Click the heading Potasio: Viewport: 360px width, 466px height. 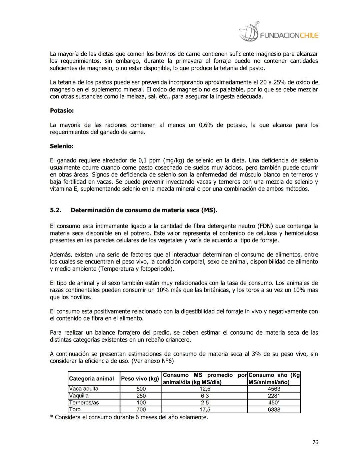[x=62, y=110]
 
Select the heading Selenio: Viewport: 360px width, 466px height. [x=62, y=146]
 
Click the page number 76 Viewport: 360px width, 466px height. [x=315, y=442]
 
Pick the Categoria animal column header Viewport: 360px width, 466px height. [x=91, y=379]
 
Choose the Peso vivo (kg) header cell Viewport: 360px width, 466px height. [x=140, y=379]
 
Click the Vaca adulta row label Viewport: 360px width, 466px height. [x=84, y=389]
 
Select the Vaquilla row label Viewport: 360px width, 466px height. [x=79, y=396]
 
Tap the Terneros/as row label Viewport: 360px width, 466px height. [x=84, y=403]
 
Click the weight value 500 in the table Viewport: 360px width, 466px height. [x=141, y=389]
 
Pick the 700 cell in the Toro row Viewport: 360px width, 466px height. [x=141, y=410]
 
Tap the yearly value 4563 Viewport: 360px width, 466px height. [x=274, y=389]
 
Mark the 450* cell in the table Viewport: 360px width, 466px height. [x=274, y=403]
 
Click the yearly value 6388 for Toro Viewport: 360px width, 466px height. [x=274, y=410]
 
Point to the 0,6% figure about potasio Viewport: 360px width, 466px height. [x=206, y=125]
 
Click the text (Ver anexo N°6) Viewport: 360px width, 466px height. [x=153, y=361]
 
